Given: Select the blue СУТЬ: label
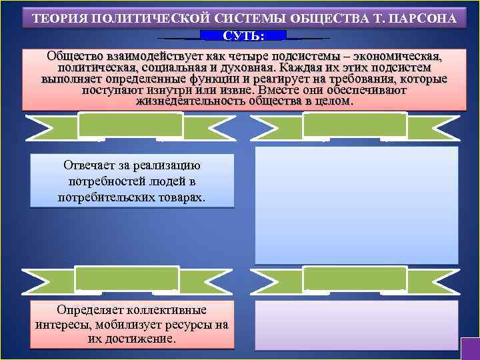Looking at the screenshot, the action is coord(243,35).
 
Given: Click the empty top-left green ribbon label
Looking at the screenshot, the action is coord(130,125).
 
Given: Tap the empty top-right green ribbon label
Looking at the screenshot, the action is coord(354,125).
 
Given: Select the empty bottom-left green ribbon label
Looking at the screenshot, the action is coord(127,279).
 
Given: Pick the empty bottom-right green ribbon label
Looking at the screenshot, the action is coord(354,279).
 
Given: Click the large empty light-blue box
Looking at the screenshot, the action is coord(357,205).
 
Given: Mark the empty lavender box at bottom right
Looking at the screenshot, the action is coord(357,325).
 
